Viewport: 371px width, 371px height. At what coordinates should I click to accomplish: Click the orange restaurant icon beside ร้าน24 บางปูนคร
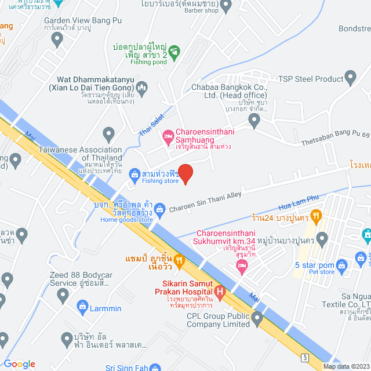point(316,217)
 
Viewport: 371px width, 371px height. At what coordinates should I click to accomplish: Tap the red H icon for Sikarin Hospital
point(219,291)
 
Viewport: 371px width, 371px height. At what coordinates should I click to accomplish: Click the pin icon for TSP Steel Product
point(351,77)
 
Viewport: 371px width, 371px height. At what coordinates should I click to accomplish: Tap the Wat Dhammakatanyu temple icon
point(143,87)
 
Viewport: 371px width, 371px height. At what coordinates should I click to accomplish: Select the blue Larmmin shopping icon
point(82,308)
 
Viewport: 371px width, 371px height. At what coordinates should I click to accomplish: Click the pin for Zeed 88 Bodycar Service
point(63,296)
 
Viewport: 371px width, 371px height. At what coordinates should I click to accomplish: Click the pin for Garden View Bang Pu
point(57,39)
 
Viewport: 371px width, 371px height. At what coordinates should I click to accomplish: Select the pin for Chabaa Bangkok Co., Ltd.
point(254,120)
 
